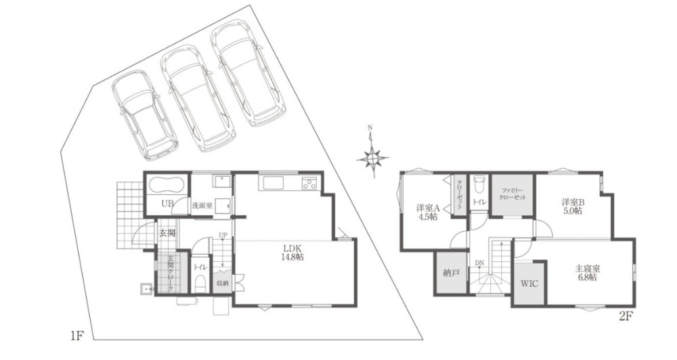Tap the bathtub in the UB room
tap(167, 186)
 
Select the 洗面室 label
tap(202, 206)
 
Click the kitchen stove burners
tap(309, 184)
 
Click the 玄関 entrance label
tap(167, 233)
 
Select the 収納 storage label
tap(223, 283)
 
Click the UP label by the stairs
tap(223, 235)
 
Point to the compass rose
tap(372, 158)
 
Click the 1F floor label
tap(77, 336)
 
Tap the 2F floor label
tap(626, 317)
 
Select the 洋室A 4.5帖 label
tap(428, 212)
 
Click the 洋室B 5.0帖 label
tap(573, 206)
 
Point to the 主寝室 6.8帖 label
tap(588, 273)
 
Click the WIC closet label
tap(529, 284)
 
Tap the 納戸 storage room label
tap(451, 273)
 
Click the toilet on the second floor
tap(478, 185)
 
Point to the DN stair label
tap(480, 263)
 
